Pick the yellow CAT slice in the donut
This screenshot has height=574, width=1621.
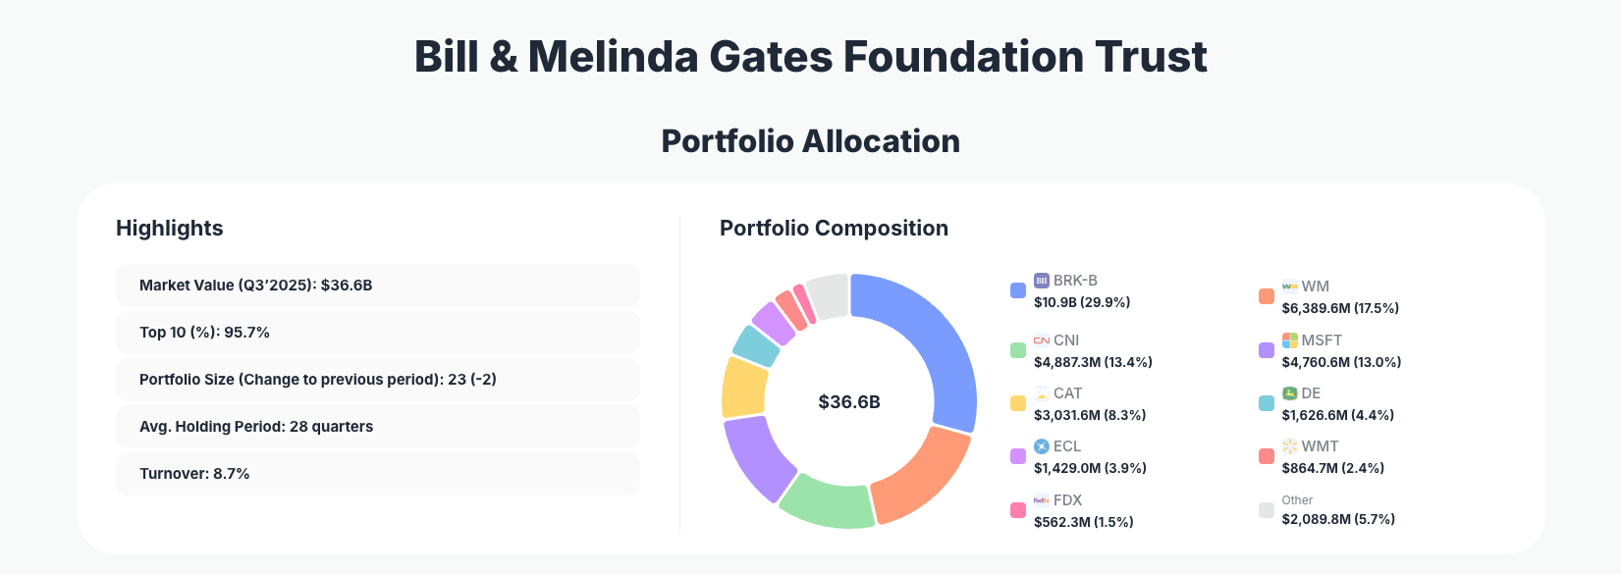tap(743, 387)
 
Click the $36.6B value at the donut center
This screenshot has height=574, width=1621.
tap(849, 402)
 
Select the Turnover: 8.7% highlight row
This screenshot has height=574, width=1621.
tap(377, 474)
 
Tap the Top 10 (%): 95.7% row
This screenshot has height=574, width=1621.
tap(377, 333)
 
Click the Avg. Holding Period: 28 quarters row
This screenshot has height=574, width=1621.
tap(377, 427)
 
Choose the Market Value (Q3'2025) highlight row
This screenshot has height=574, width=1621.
tap(377, 286)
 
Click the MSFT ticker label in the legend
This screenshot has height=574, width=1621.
tap(1322, 340)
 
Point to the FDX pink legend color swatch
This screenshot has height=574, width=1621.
tap(1018, 510)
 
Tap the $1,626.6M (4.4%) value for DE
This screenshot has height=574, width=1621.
tap(1337, 415)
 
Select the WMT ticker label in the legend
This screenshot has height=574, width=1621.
tap(1320, 446)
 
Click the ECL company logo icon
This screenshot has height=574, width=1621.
tap(1042, 446)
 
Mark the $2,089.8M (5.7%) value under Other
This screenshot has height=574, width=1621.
tap(1338, 519)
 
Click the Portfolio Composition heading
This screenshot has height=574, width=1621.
tap(834, 229)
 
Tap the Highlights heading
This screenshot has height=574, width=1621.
tap(170, 229)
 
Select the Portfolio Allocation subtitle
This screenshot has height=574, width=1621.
tap(810, 141)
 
